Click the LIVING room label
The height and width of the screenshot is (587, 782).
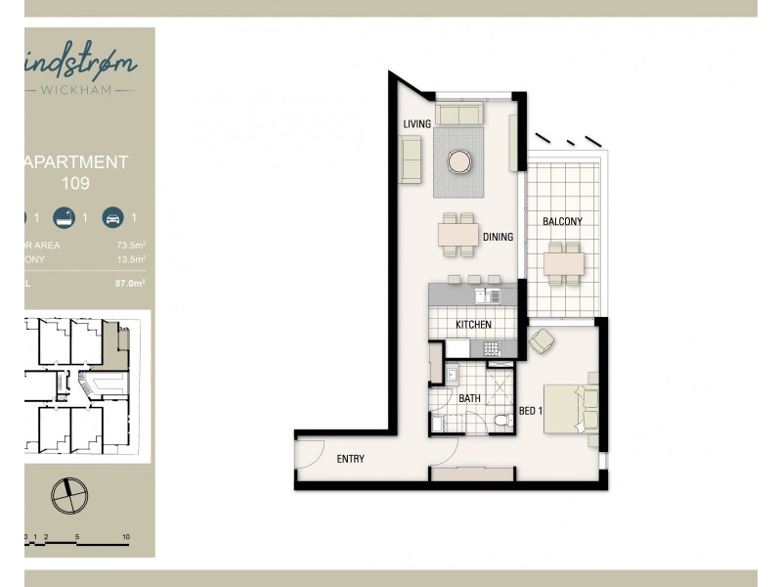pyautogui.click(x=417, y=123)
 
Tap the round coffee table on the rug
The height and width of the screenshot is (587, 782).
pyautogui.click(x=458, y=160)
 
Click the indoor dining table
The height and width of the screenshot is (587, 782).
pyautogui.click(x=457, y=235)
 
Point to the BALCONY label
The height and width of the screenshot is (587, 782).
pyautogui.click(x=562, y=222)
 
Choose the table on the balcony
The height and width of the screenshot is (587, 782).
pyautogui.click(x=565, y=262)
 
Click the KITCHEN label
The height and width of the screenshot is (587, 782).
pyautogui.click(x=473, y=325)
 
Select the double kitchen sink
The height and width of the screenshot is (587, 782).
pyautogui.click(x=486, y=294)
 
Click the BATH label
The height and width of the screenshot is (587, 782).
pyautogui.click(x=469, y=398)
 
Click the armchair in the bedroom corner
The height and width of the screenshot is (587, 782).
pyautogui.click(x=540, y=342)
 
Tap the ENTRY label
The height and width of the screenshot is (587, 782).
pyautogui.click(x=351, y=459)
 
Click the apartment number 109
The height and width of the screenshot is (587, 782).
pyautogui.click(x=76, y=183)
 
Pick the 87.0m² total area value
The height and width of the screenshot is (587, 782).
pyautogui.click(x=129, y=283)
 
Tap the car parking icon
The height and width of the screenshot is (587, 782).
pyautogui.click(x=112, y=218)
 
